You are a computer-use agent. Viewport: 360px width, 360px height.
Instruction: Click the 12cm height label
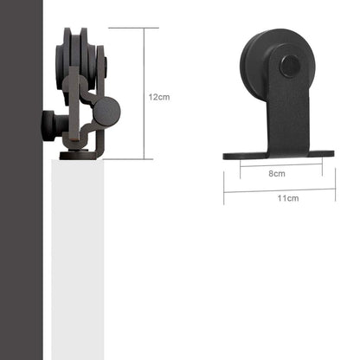coord(158,97)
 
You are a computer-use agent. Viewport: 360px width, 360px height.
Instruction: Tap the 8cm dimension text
coord(277,173)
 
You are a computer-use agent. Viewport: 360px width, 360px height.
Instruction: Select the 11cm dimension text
coord(288,198)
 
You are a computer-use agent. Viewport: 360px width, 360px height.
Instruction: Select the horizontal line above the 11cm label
coord(279,190)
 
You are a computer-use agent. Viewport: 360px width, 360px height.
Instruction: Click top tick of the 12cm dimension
coord(133,28)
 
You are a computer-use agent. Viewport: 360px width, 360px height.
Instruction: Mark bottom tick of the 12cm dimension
coord(133,159)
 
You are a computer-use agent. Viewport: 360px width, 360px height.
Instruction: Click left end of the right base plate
coord(227,157)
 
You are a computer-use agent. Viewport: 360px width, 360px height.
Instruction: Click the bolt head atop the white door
coord(80,156)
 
